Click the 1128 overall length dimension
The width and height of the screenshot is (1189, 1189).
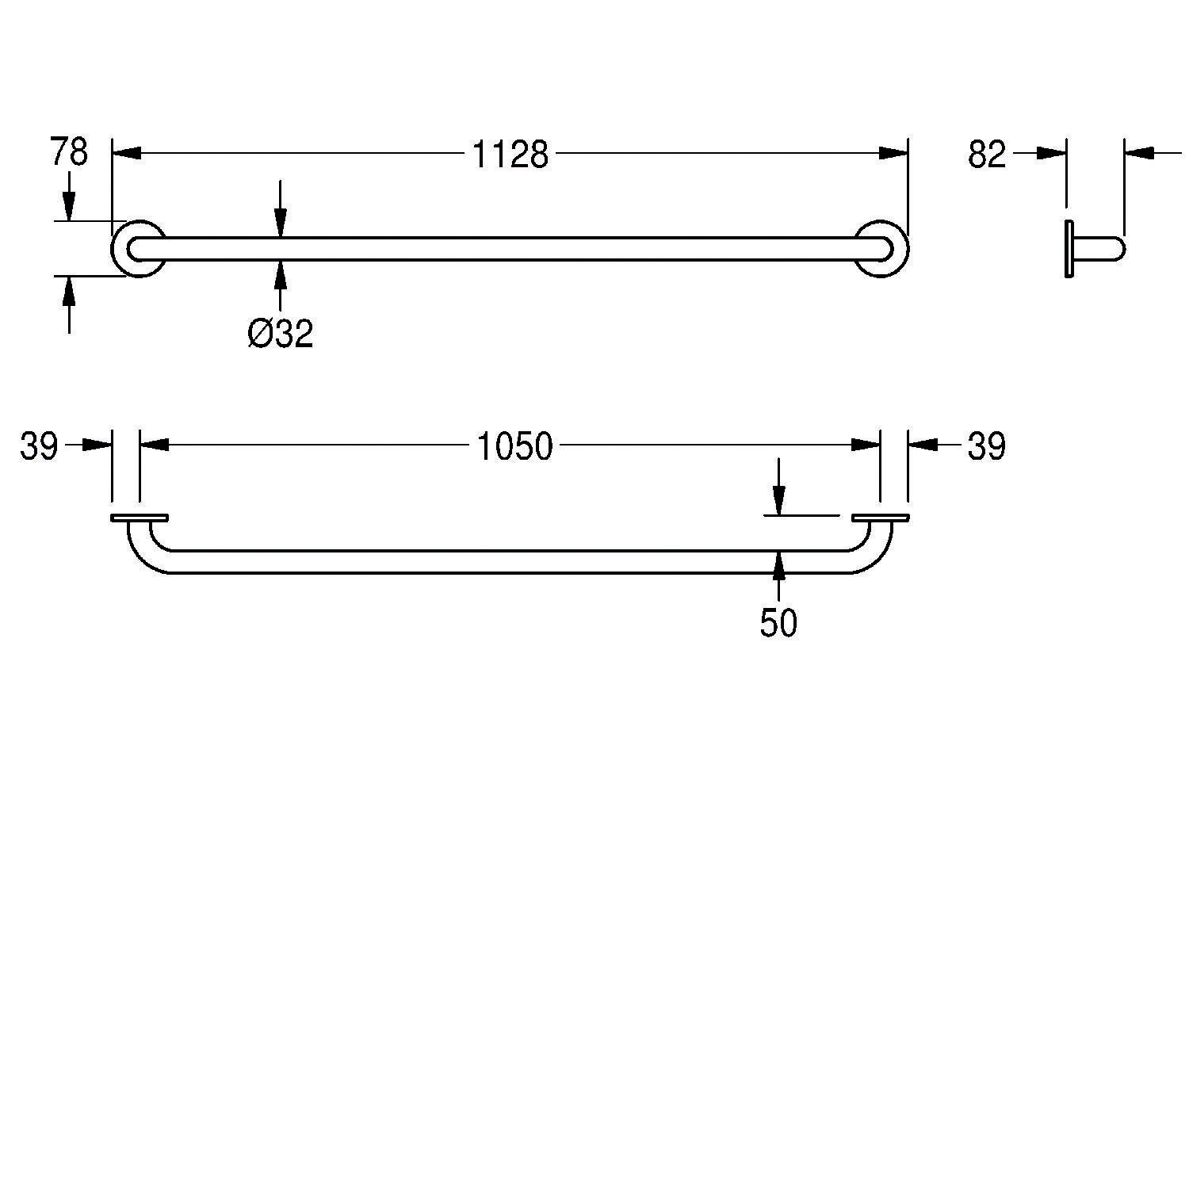click(x=510, y=155)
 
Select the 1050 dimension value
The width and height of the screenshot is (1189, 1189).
click(x=514, y=447)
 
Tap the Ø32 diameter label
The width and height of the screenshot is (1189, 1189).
click(x=281, y=334)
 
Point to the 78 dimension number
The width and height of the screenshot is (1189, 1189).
click(x=69, y=152)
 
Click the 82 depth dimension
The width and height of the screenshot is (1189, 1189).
click(x=986, y=155)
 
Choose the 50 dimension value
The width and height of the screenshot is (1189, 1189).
click(x=778, y=624)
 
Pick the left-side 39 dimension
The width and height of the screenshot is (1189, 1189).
click(x=40, y=447)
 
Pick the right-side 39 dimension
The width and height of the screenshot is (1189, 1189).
click(x=986, y=447)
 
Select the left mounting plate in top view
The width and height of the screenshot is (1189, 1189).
click(x=140, y=518)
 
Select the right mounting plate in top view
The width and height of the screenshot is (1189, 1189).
click(x=881, y=518)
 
